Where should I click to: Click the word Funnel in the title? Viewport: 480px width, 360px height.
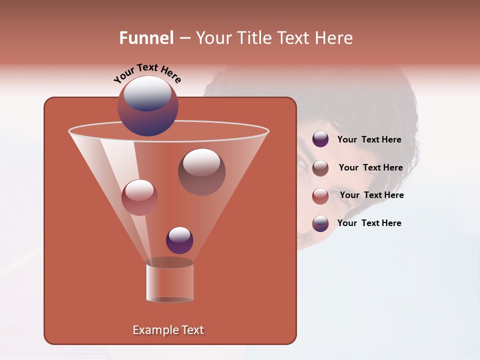146,38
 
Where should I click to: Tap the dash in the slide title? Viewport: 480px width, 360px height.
184,38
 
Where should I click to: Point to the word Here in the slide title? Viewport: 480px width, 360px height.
332,38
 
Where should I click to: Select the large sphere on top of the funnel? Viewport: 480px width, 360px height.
147,106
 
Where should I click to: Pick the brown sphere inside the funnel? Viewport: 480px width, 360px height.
201,172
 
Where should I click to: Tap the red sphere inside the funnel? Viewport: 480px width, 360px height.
139,197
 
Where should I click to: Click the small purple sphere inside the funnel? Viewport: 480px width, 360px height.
179,240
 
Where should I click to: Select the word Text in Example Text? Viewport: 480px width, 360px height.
191,330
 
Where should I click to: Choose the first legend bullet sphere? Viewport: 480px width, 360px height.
320,139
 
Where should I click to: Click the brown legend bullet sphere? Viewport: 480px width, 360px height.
320,168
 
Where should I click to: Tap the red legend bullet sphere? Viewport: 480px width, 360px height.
320,196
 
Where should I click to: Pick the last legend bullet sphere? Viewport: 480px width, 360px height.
320,223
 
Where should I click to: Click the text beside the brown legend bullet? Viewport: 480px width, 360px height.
370,167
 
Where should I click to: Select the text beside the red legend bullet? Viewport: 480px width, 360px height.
371,195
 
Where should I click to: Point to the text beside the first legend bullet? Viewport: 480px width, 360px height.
369,139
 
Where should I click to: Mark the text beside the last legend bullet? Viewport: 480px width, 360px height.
369,223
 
